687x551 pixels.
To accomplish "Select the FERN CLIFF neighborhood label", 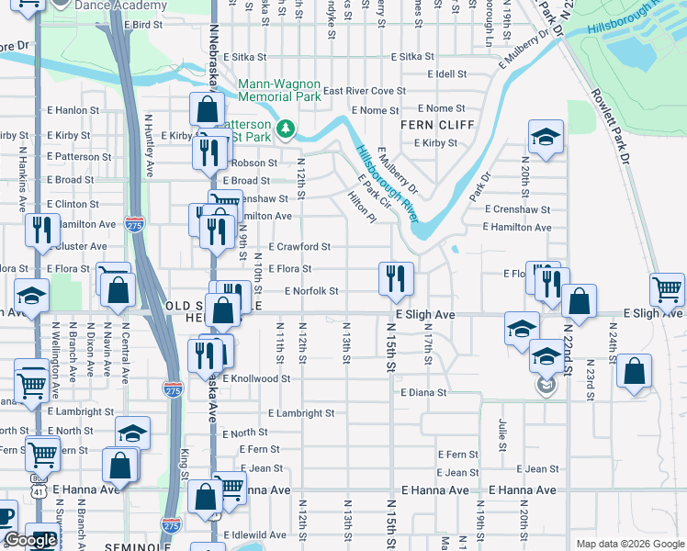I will [x=437, y=125].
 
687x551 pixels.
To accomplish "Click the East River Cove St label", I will [x=364, y=91].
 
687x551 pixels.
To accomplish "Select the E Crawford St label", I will [x=299, y=247].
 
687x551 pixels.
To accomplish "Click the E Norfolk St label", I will [x=311, y=291].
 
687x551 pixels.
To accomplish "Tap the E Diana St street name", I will [x=423, y=392].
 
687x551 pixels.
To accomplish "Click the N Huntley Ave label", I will [x=148, y=146].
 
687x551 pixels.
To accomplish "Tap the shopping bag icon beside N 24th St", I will [x=635, y=372].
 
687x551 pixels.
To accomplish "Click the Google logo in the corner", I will [x=30, y=540].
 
